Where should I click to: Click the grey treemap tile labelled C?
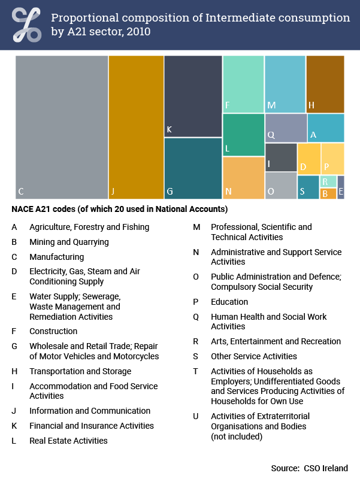(62, 127)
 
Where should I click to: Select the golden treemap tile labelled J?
(136, 127)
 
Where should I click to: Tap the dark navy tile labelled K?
(193, 96)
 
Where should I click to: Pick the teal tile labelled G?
(193, 168)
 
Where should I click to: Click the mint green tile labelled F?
(243, 84)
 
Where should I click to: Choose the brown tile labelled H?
(325, 84)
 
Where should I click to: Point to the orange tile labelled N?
(243, 178)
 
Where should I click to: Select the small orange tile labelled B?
(328, 193)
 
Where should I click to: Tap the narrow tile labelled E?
(341, 187)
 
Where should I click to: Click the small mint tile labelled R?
(328, 181)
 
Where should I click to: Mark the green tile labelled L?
(243, 135)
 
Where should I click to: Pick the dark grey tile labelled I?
(281, 157)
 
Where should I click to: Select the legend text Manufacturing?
(56, 257)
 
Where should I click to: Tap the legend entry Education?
(229, 302)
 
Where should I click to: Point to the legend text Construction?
(53, 331)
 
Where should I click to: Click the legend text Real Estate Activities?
(68, 441)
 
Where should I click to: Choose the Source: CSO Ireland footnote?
(309, 468)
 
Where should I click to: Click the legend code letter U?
(195, 416)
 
